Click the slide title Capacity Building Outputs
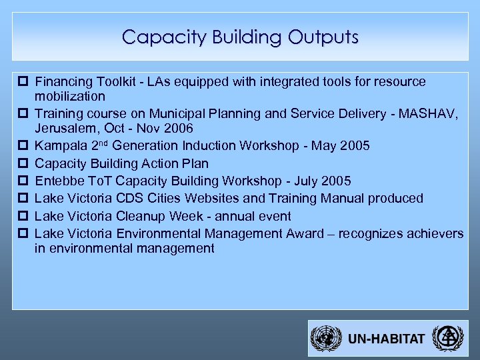(x=240, y=37)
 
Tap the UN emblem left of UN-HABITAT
(x=327, y=339)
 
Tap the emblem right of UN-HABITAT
(x=445, y=339)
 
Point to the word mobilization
(x=69, y=95)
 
